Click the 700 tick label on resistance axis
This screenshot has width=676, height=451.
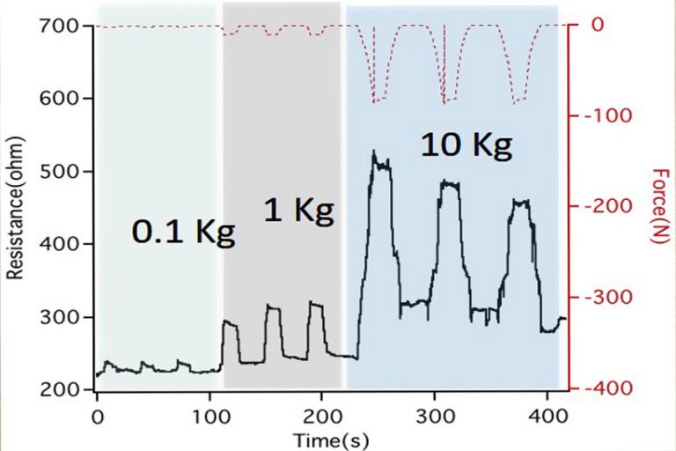click(x=60, y=26)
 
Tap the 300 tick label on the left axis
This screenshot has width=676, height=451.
click(x=60, y=317)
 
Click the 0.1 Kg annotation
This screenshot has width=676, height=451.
click(x=184, y=233)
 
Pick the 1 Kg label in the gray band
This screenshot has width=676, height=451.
click(x=298, y=211)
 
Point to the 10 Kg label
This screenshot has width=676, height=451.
click(x=466, y=145)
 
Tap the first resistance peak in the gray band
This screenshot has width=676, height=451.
click(x=230, y=323)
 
